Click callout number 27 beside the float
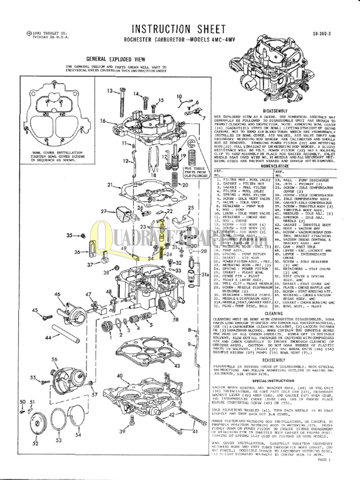point(105,212)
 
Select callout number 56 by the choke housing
point(54,360)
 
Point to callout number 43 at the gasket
point(177,366)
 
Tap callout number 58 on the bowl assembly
point(176,320)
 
